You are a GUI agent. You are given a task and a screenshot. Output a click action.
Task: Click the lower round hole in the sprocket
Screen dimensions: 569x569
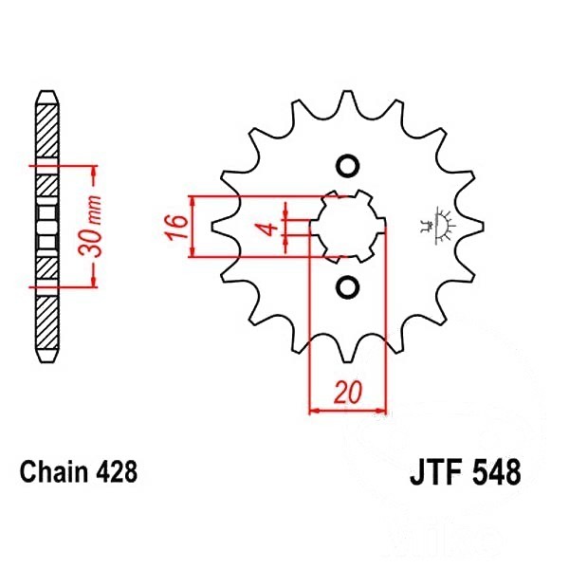(348, 287)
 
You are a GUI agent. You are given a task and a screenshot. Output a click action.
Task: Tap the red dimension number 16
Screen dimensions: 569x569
(177, 227)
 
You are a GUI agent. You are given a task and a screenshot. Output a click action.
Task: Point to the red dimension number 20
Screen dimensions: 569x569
(348, 392)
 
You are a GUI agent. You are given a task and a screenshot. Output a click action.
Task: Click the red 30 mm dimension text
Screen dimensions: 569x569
(90, 226)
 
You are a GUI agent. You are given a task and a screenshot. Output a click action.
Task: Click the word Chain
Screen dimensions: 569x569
(54, 471)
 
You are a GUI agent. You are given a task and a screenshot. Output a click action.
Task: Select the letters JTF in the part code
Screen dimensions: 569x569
(435, 472)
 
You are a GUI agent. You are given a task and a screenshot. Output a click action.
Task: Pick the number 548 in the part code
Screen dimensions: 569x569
(497, 472)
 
